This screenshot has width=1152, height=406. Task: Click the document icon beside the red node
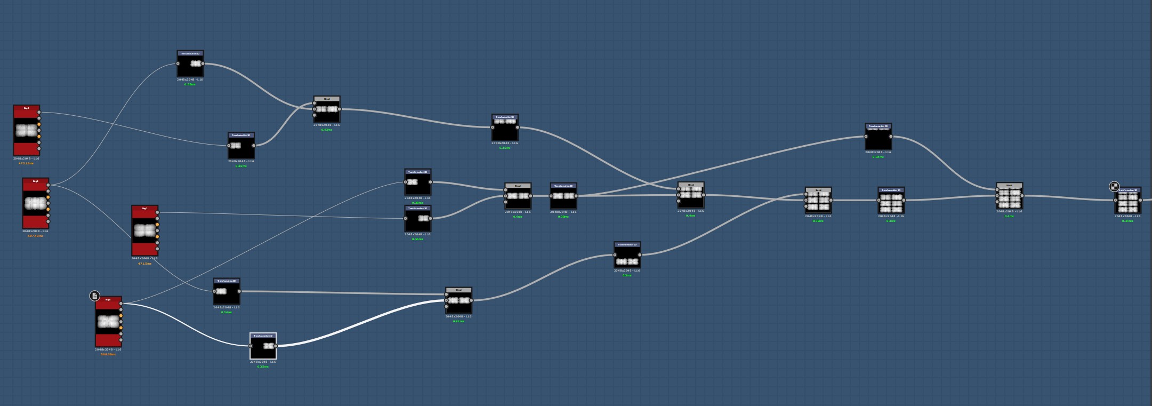pyautogui.click(x=94, y=296)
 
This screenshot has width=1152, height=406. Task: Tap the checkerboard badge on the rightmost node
pyautogui.click(x=1114, y=186)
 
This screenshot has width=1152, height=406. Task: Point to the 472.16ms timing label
pyautogui.click(x=26, y=163)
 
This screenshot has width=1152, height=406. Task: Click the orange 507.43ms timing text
pyautogui.click(x=35, y=236)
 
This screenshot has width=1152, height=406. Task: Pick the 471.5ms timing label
pyautogui.click(x=144, y=264)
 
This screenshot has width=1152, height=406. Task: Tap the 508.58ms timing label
pyautogui.click(x=108, y=354)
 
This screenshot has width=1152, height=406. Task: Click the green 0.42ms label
pyautogui.click(x=326, y=130)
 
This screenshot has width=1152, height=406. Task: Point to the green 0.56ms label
pyautogui.click(x=417, y=239)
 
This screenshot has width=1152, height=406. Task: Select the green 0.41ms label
pyautogui.click(x=458, y=321)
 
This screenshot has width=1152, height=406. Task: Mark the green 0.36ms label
pyautogui.click(x=241, y=166)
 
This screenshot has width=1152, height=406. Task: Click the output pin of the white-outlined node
pyautogui.click(x=276, y=346)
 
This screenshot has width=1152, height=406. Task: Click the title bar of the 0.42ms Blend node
pyautogui.click(x=327, y=99)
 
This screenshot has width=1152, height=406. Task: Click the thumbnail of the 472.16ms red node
pyautogui.click(x=26, y=131)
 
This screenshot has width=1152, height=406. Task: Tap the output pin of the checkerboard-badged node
pyautogui.click(x=1140, y=201)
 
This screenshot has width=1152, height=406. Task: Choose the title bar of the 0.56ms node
pyautogui.click(x=418, y=209)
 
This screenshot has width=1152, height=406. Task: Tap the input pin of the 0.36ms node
pyautogui.click(x=229, y=146)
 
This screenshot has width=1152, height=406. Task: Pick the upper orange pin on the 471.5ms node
pyautogui.click(x=157, y=225)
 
